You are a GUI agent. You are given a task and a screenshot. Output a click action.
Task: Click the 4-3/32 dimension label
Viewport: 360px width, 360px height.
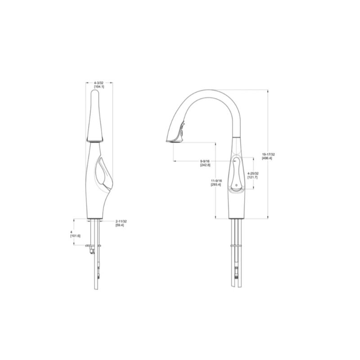(99, 83)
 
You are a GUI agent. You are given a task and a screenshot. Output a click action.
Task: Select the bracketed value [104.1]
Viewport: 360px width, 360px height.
(99, 86)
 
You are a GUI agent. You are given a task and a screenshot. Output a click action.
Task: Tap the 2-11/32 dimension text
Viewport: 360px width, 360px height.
(121, 221)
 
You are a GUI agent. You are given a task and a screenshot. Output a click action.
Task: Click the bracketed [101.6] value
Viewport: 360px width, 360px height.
(76, 236)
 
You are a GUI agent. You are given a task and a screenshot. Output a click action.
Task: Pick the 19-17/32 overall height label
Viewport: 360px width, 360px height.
(268, 154)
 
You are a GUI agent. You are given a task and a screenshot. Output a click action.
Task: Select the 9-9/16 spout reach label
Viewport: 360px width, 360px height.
(205, 162)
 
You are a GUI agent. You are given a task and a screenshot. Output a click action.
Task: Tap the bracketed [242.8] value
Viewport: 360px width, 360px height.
(205, 165)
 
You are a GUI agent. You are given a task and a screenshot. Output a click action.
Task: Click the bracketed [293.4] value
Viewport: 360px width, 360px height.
(216, 184)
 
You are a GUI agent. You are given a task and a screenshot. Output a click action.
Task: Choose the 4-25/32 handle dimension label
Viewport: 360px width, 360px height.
(253, 173)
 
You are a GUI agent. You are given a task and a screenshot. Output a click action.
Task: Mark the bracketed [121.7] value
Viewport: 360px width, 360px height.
(252, 177)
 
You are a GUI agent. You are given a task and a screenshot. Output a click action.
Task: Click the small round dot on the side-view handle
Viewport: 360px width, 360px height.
(237, 185)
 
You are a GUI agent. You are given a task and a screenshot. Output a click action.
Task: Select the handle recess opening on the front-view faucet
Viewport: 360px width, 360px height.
(102, 173)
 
